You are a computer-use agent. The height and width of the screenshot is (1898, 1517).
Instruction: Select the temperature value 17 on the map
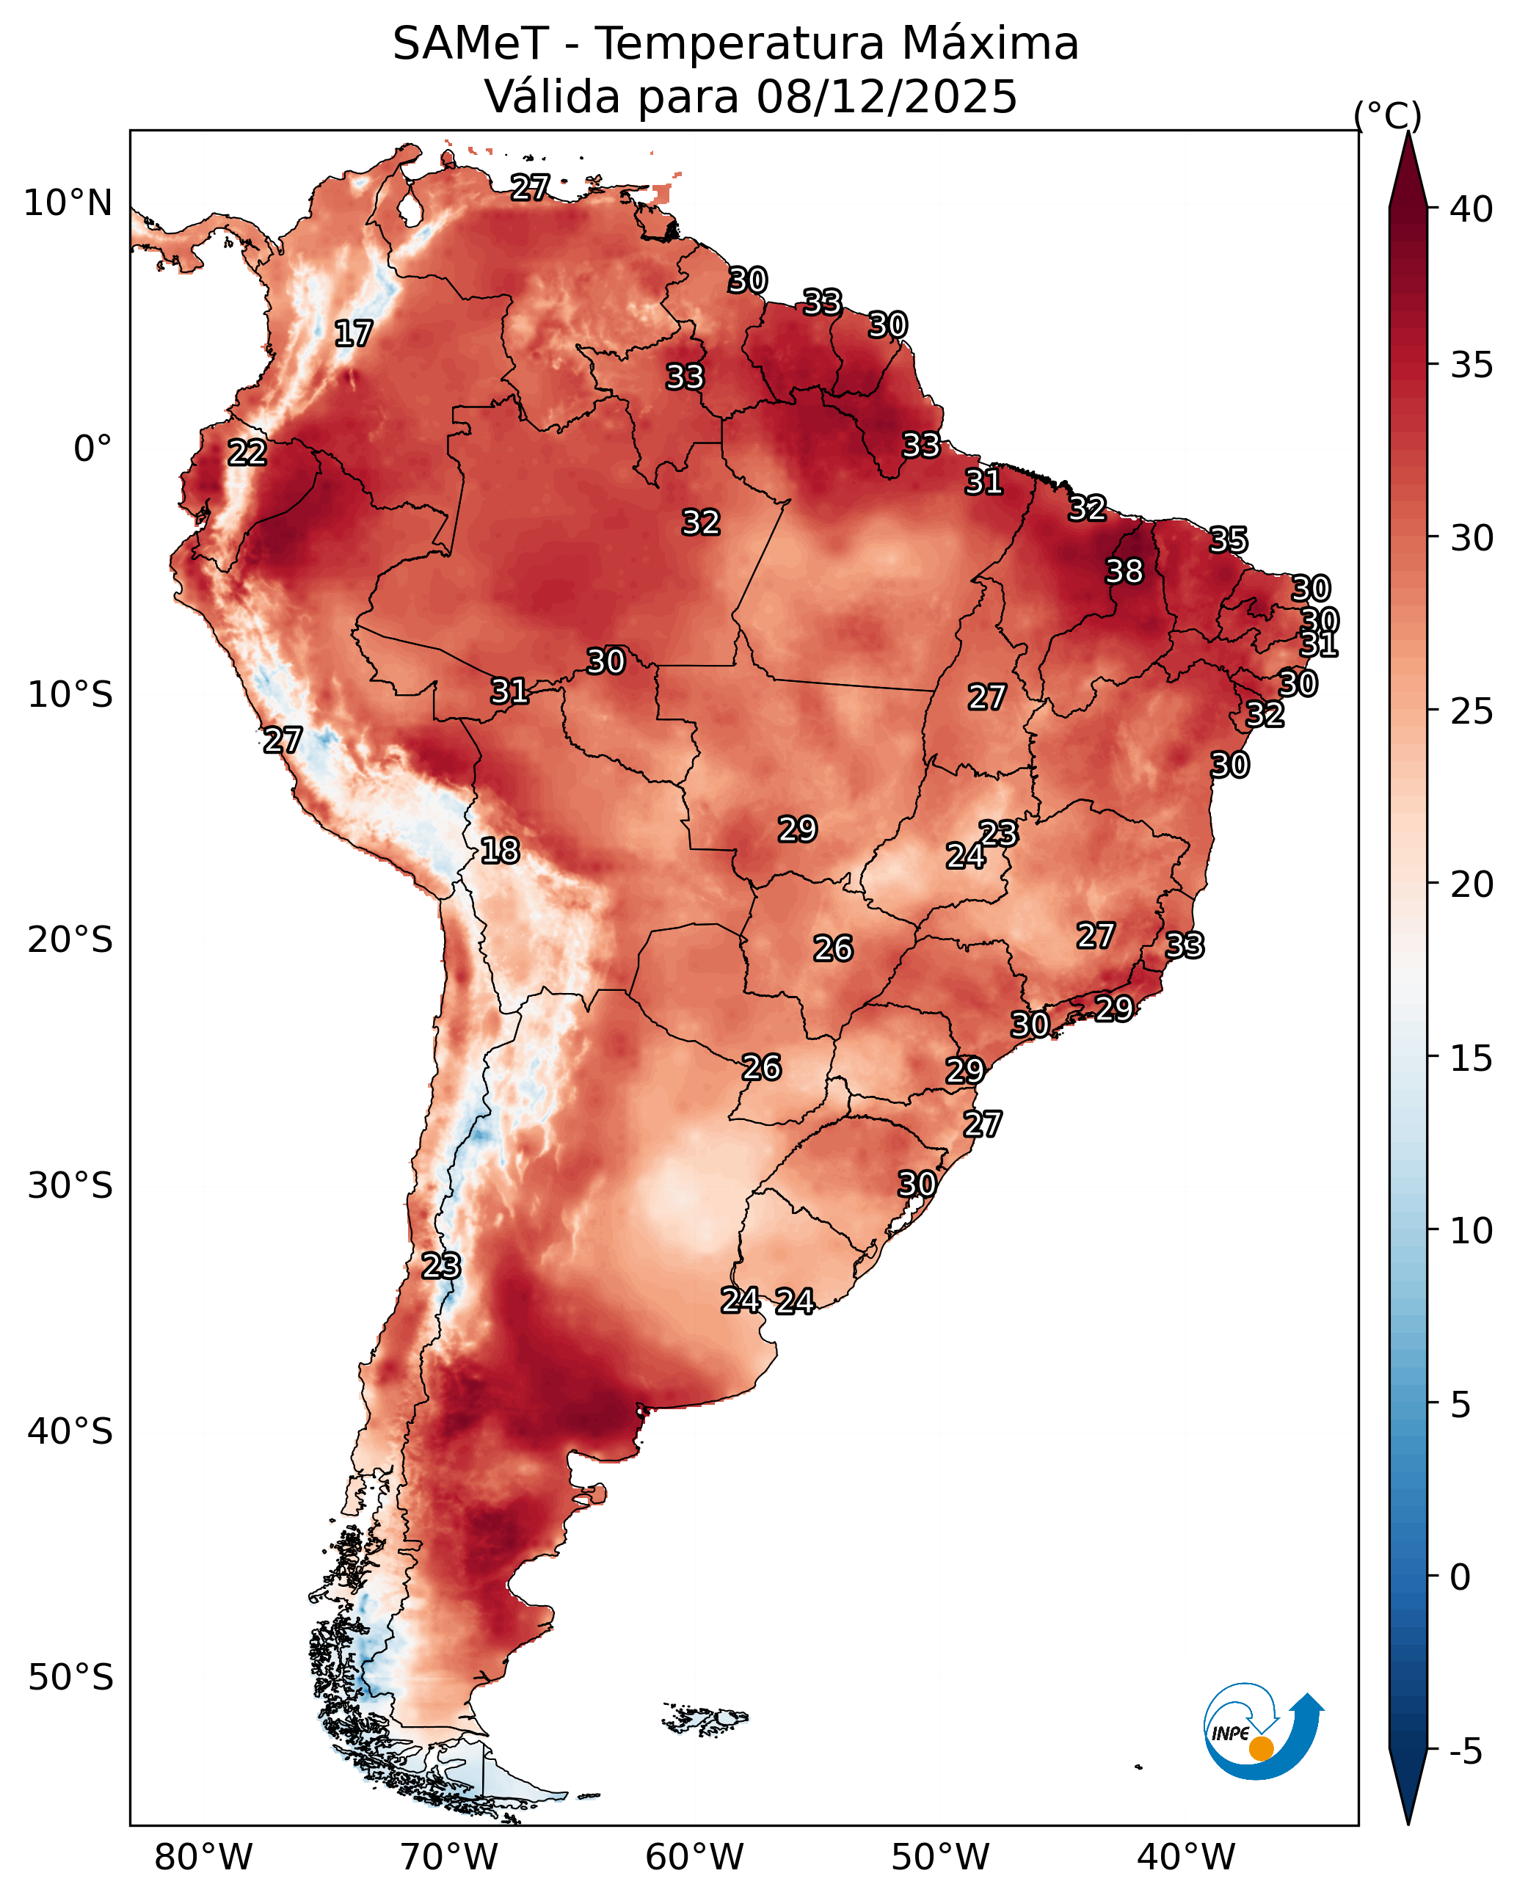tap(353, 334)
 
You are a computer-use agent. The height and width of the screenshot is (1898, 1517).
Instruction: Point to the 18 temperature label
tap(499, 851)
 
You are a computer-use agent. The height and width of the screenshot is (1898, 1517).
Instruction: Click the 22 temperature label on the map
tap(247, 453)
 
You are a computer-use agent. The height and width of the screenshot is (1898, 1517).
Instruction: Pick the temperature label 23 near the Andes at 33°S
tap(440, 1266)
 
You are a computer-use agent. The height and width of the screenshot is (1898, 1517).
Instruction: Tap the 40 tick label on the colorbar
tap(1471, 209)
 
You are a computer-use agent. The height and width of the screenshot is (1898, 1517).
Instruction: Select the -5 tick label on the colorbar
tap(1465, 1753)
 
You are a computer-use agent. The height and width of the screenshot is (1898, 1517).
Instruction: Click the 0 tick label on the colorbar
tap(1460, 1577)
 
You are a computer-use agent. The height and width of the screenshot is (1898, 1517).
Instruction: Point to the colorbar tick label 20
tap(1471, 884)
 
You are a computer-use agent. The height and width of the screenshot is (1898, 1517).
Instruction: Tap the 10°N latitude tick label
tap(68, 203)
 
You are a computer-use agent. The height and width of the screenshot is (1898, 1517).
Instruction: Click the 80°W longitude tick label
tap(203, 1858)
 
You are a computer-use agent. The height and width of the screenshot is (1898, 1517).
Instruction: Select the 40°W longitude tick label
tap(1186, 1858)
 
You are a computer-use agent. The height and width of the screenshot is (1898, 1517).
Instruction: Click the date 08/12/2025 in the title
tap(886, 97)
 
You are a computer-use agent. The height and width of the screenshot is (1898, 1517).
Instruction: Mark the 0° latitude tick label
tap(92, 449)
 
